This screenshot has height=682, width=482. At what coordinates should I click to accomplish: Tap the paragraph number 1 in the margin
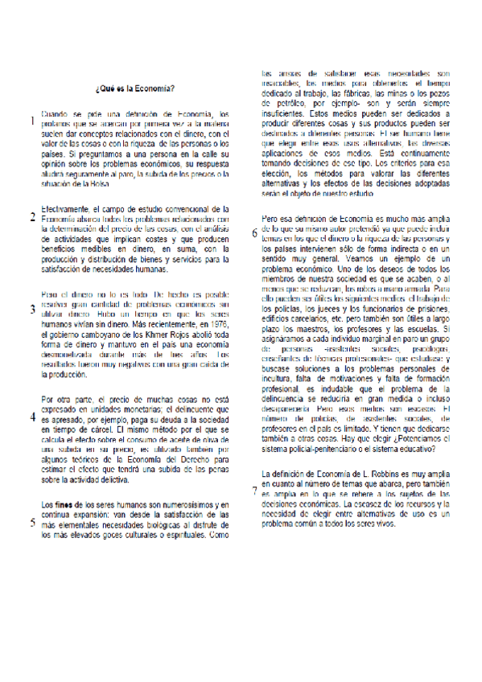point(31,122)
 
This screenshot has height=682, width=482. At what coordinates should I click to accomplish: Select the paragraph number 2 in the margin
point(31,217)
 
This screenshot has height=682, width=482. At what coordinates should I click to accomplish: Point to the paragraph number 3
point(31,310)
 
